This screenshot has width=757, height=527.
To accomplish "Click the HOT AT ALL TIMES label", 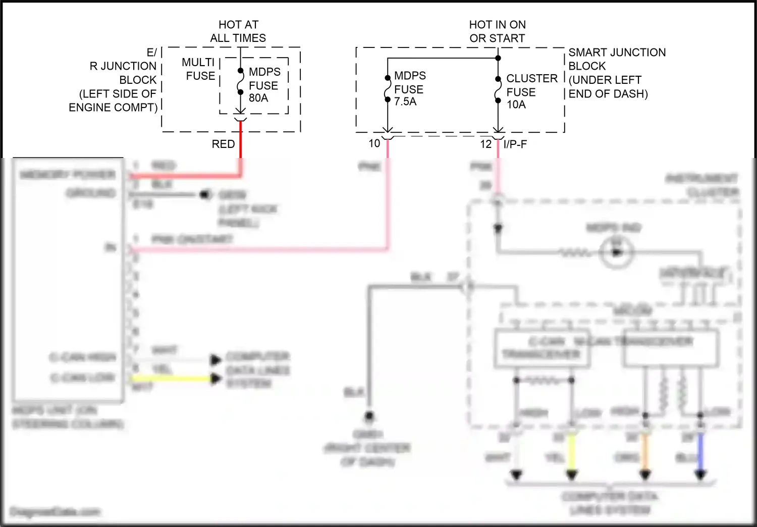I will coord(238,31).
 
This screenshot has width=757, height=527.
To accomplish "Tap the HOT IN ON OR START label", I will coord(497,31).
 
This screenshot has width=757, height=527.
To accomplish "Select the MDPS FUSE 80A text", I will coord(264,85).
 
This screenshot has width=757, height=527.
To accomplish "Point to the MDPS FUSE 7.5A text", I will coord(409,88).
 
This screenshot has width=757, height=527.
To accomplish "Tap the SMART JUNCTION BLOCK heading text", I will coord(616,59).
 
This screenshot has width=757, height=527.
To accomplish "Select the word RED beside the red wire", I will coord(223,144).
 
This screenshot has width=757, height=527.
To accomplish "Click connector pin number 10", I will coord(374,143).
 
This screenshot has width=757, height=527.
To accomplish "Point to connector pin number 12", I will coord(485,144).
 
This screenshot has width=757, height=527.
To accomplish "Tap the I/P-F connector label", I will coord(515,144).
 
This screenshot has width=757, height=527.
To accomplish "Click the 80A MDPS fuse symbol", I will coord(241,82).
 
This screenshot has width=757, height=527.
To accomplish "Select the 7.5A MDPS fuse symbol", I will coord(388,89).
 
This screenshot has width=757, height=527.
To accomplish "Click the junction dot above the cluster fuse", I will coord(498,58).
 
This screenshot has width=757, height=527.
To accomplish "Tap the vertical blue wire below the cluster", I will coord(700,452).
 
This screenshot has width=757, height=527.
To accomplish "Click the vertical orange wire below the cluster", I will coord(645,452).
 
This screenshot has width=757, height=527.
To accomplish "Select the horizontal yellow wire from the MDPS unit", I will coord(172,378).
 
